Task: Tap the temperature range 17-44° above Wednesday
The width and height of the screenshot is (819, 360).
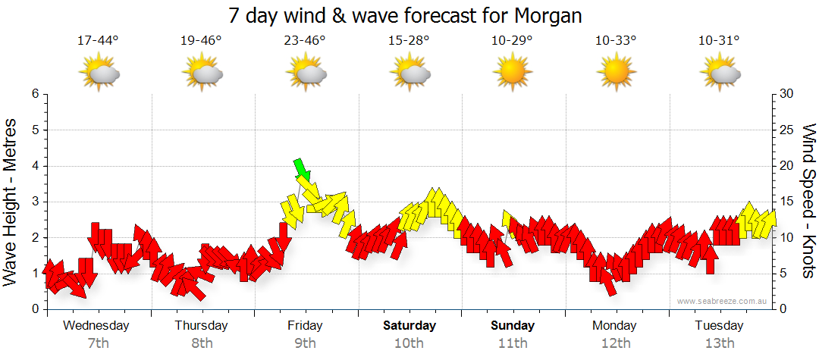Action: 98,40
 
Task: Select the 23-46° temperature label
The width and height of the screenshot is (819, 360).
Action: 306,40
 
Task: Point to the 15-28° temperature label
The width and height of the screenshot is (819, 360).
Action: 409,40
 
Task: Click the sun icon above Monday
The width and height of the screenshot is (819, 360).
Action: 615,72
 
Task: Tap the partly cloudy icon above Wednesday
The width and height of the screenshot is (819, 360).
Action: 99,74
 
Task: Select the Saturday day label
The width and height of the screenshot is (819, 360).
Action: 409,326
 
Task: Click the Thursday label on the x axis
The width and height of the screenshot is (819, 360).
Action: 201,326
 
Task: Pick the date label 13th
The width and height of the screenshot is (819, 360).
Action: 719,343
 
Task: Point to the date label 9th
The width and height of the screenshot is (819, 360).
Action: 305,343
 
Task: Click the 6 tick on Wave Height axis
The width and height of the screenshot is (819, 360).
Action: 34,94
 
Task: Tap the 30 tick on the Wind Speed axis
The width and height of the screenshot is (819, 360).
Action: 787,94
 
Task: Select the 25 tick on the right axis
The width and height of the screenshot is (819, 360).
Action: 787,130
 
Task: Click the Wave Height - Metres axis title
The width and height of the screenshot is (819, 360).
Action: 12,201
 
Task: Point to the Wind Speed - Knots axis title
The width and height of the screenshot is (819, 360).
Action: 808,201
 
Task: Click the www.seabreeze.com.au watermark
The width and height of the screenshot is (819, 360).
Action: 723,301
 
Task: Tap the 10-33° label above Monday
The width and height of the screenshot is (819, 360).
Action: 615,40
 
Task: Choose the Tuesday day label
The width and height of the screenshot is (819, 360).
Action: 719,326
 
